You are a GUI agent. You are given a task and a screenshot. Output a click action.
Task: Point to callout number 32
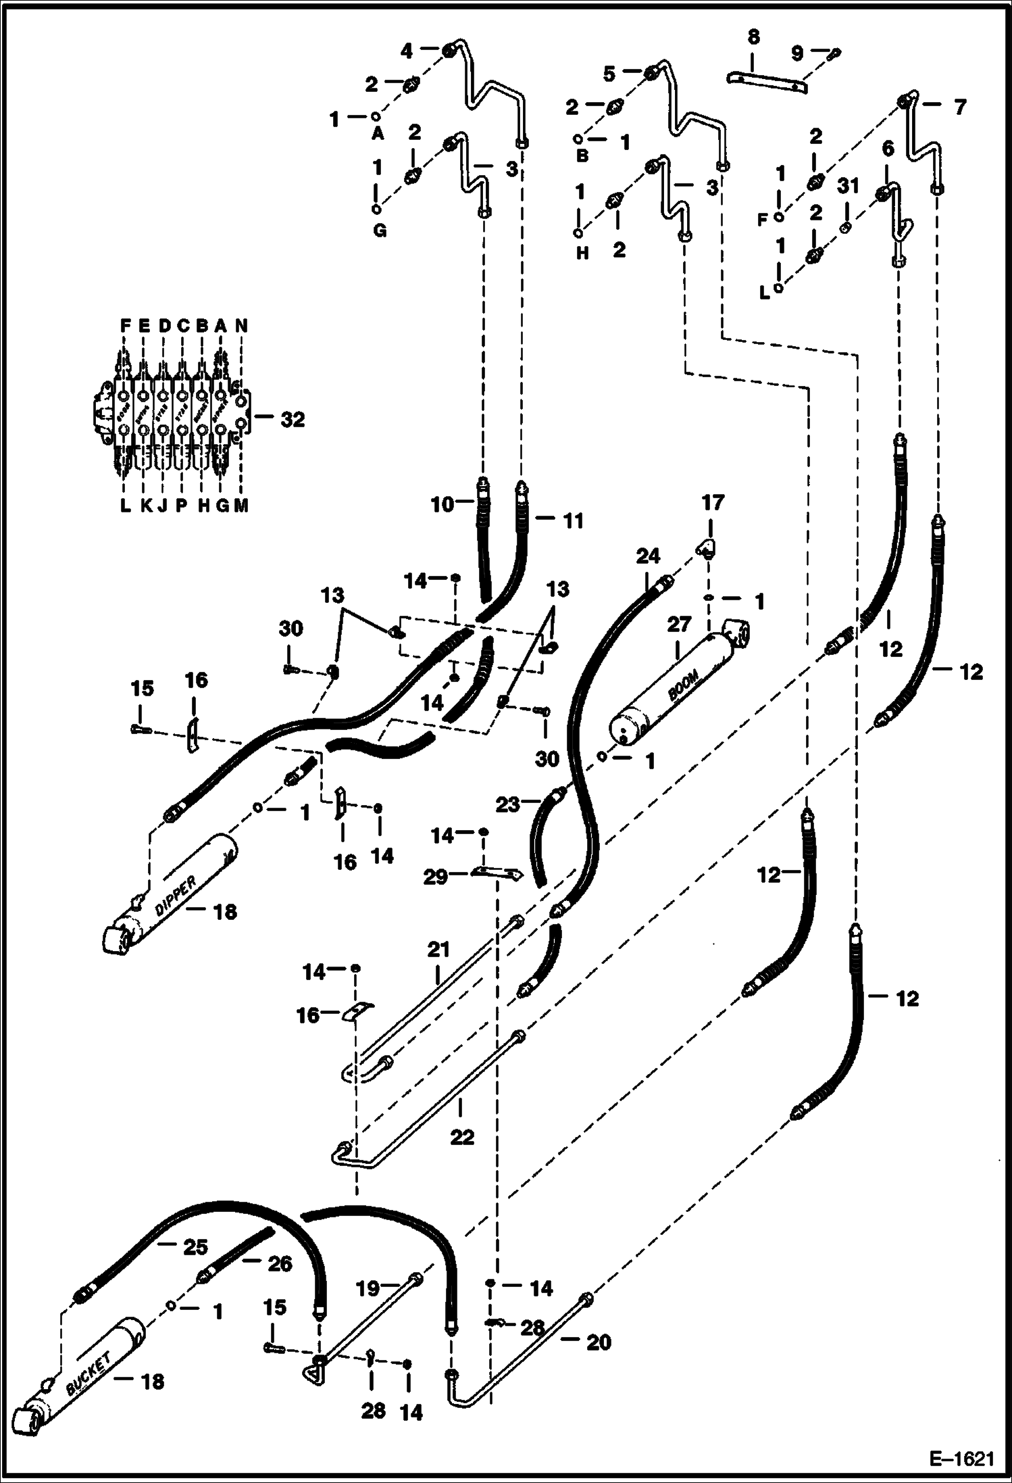click(x=293, y=420)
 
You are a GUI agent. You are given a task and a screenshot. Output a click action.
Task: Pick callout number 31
click(x=848, y=185)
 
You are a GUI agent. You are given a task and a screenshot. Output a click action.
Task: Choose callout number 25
click(x=196, y=1247)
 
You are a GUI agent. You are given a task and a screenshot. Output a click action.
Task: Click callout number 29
click(x=435, y=877)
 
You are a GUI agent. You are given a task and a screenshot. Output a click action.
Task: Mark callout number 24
click(x=647, y=556)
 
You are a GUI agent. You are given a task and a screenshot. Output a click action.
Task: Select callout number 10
click(x=443, y=504)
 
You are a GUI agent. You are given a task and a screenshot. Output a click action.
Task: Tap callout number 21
click(x=438, y=951)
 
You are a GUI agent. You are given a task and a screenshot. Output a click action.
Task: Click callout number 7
click(x=959, y=107)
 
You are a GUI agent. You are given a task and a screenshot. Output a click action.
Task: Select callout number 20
click(x=599, y=1342)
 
